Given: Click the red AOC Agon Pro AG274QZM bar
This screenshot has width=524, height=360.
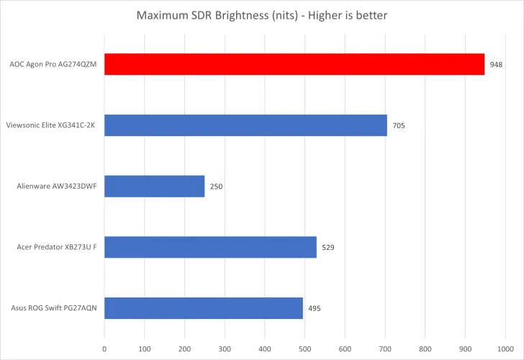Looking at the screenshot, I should point(294,64).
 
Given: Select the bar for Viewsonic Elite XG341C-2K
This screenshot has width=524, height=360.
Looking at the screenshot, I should point(245,125).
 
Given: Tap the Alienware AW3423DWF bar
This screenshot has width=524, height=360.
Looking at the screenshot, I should point(155,186).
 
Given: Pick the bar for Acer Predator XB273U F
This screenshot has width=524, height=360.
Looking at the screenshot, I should point(210,247).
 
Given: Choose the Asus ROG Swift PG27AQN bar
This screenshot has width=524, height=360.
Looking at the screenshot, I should point(204,308).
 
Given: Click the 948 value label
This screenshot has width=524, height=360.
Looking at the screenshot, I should point(496,64).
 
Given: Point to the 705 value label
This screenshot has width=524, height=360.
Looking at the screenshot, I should point(399,125).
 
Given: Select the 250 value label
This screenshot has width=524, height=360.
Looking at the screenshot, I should point(217,186).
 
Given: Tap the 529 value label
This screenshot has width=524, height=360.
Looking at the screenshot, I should point(328,247).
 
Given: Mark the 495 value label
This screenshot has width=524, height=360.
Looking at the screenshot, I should point(315,308).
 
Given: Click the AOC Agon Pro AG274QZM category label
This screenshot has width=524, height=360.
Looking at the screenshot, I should point(53,64).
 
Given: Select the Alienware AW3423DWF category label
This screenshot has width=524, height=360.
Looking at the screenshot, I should point(57,186).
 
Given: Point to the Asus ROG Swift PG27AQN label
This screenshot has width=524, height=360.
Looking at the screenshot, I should point(54,308).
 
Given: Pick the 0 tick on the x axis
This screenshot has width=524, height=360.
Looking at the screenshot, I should point(104,348).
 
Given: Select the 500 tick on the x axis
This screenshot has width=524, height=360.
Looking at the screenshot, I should point(305,348).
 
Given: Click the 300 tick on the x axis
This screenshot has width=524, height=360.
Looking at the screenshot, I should point(225,348).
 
